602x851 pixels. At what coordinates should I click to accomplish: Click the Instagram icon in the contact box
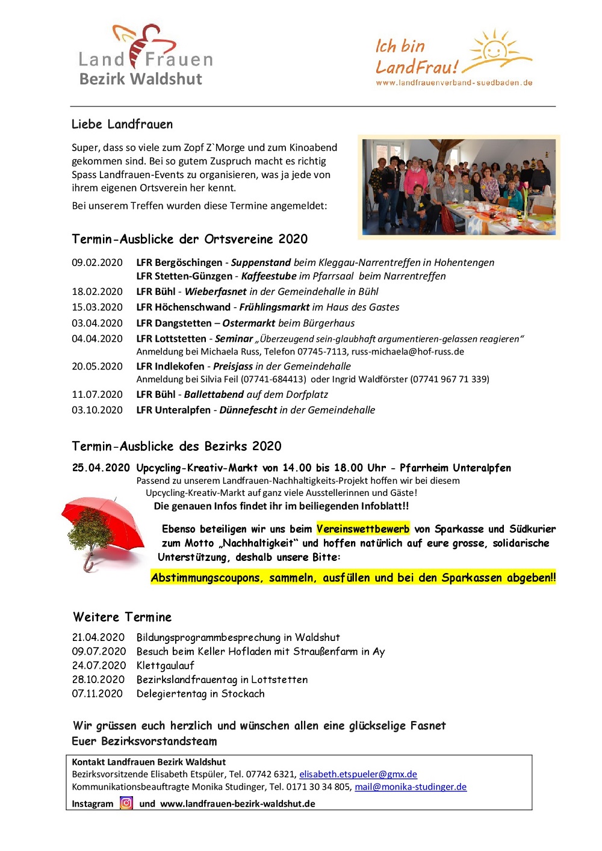(x=126, y=803)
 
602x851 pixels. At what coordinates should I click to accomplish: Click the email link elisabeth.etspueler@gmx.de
(x=358, y=774)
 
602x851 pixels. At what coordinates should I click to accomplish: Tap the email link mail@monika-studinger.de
(x=411, y=787)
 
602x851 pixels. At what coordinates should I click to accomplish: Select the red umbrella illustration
(x=102, y=530)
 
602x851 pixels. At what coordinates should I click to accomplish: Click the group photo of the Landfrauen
(x=459, y=187)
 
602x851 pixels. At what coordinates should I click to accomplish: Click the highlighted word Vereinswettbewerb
(x=363, y=529)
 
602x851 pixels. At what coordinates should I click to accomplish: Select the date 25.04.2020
(x=101, y=468)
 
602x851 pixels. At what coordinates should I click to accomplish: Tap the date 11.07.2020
(x=97, y=394)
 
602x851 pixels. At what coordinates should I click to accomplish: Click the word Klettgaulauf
(x=165, y=665)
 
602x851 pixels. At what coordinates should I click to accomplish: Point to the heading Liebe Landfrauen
(x=122, y=124)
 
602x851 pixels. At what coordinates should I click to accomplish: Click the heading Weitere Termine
(x=122, y=617)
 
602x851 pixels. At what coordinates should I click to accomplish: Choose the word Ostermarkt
(x=249, y=323)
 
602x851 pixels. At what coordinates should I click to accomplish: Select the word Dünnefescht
(x=247, y=410)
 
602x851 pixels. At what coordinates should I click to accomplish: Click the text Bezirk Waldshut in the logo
(x=141, y=79)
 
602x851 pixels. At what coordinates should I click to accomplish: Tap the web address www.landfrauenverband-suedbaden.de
(x=454, y=82)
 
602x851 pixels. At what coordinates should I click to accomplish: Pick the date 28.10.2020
(x=98, y=679)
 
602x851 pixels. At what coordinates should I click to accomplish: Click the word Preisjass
(x=232, y=366)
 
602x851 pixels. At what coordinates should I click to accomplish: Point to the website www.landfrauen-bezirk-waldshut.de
(x=238, y=803)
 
